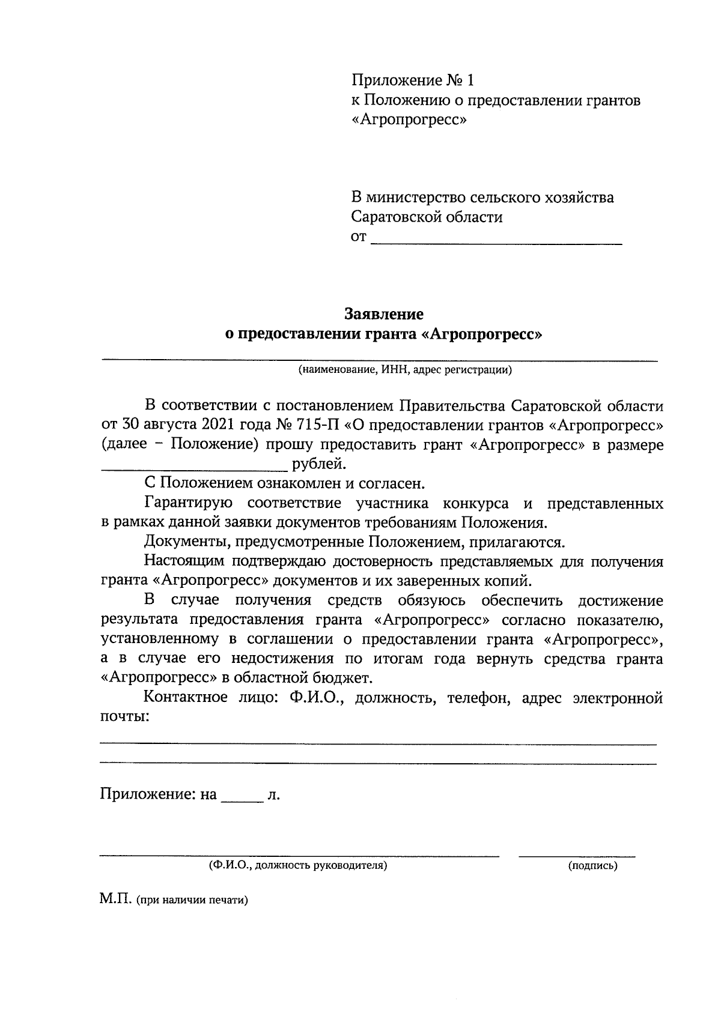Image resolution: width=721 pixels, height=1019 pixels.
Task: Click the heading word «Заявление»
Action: tap(383, 314)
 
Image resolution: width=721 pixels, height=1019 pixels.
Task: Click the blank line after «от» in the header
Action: tap(496, 242)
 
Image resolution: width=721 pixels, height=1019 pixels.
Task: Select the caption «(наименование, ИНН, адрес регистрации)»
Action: tap(406, 370)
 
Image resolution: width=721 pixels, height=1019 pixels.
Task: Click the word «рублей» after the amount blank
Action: tap(318, 464)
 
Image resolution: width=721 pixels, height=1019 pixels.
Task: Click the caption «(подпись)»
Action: tap(592, 866)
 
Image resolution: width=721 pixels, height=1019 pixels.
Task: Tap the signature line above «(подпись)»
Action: tap(576, 854)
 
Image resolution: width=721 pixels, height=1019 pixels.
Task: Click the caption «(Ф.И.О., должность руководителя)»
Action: tap(297, 866)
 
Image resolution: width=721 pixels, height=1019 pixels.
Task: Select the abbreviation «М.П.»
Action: tap(116, 901)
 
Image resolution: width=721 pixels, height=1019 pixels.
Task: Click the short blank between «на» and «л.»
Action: tap(243, 801)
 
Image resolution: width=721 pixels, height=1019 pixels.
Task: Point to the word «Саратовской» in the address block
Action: tap(398, 217)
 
